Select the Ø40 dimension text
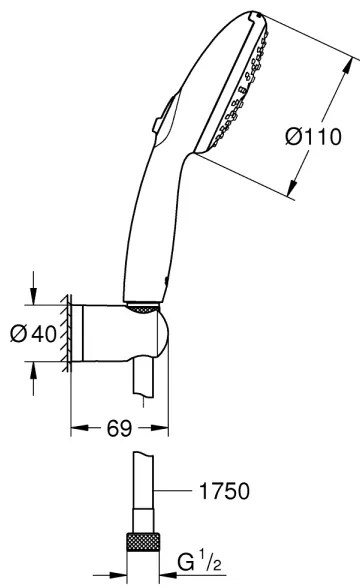[33, 335]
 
